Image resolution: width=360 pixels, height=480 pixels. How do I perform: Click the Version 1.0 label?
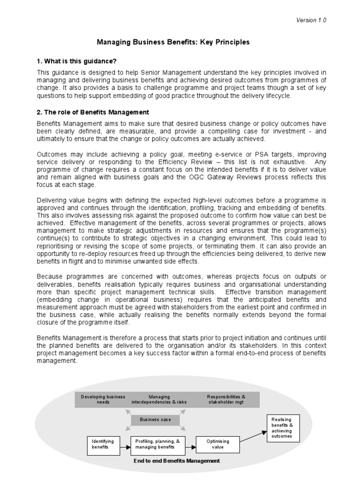(311, 20)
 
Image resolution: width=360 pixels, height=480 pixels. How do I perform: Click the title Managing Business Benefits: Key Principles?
(173, 42)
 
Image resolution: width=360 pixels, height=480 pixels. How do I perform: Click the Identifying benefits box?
(103, 444)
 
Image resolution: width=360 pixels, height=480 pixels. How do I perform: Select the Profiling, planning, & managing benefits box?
(157, 444)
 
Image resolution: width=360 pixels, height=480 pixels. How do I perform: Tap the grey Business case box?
(156, 420)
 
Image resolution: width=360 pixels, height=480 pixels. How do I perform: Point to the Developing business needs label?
(103, 399)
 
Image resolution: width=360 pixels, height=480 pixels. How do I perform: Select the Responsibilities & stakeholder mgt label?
(226, 399)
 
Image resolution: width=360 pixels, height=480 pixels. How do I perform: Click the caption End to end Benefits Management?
(177, 461)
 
